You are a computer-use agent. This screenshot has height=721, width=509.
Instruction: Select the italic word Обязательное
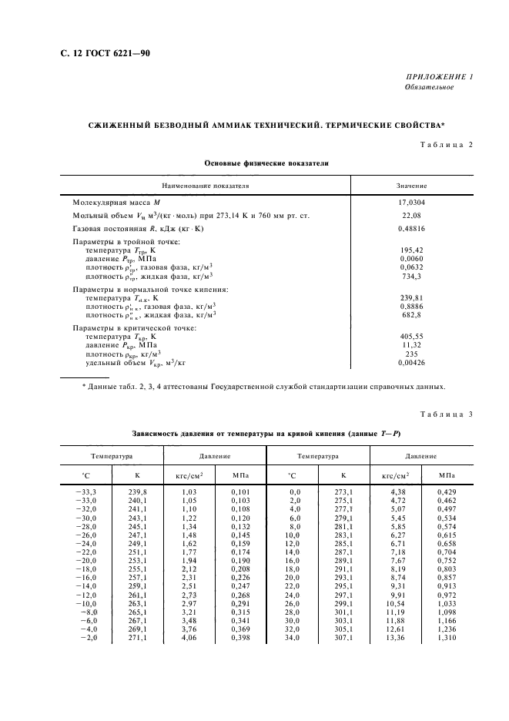430,87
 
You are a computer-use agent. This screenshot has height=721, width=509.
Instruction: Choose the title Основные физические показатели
266,163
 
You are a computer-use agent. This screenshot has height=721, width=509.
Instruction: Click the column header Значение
411,186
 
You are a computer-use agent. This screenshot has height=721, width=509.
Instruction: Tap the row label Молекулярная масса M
116,202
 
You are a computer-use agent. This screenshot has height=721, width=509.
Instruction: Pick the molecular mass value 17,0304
411,202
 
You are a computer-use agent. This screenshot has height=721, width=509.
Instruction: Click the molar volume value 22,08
411,215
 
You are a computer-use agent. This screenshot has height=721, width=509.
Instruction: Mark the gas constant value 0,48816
411,229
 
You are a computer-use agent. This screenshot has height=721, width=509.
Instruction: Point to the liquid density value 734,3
411,275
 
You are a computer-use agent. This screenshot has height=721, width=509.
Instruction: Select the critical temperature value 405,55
411,336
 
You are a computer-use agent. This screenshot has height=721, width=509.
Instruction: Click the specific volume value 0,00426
411,361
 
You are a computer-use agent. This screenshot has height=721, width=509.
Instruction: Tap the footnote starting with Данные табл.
263,387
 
